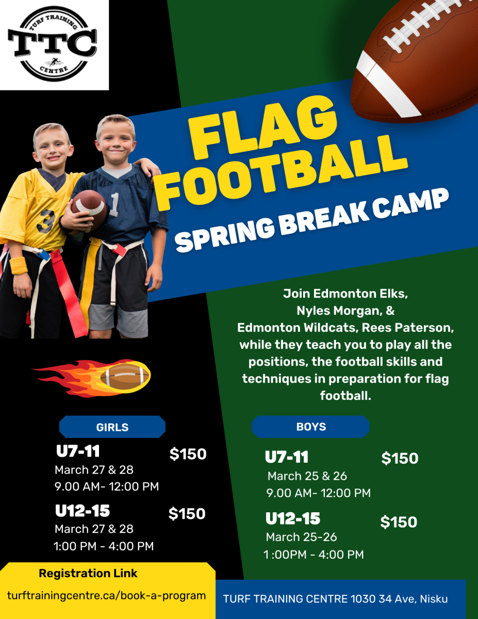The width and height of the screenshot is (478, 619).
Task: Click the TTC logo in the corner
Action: click(x=53, y=44)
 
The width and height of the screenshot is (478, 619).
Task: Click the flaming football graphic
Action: click(x=92, y=378)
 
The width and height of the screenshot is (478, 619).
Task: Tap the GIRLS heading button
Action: click(x=112, y=427)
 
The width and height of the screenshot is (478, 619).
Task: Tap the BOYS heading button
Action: click(x=310, y=427)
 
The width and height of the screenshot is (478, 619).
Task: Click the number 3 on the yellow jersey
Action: click(x=45, y=221)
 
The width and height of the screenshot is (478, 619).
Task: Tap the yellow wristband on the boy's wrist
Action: click(x=19, y=266)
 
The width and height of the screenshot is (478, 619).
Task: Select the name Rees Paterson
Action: click(x=407, y=328)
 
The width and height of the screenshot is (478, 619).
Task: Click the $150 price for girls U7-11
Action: click(x=188, y=454)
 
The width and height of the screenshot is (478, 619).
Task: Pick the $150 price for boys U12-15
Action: click(x=399, y=522)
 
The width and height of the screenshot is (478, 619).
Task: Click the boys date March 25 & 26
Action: click(x=307, y=476)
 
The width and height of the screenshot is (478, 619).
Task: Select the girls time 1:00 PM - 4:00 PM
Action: click(x=104, y=546)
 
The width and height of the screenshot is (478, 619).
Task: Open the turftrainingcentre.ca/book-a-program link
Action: click(x=106, y=595)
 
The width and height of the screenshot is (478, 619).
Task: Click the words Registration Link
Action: click(x=88, y=573)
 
